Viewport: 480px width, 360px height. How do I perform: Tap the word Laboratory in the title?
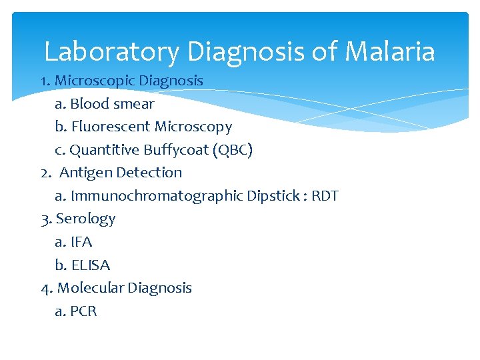coord(112,51)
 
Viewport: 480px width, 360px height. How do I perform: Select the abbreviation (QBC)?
coord(231,150)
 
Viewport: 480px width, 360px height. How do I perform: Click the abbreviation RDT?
coord(325,196)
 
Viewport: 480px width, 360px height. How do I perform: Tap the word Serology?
coord(85,219)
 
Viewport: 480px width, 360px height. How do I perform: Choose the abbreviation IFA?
coord(81,242)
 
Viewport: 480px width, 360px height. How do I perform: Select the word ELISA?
coord(90,265)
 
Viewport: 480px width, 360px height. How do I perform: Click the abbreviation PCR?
coord(83,311)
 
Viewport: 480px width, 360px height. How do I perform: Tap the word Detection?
coord(149,173)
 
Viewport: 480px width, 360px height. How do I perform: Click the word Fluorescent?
coord(111,127)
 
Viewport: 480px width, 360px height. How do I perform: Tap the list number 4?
coord(46,289)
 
